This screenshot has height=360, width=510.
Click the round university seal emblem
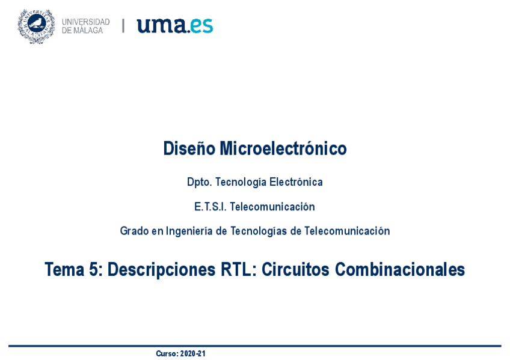[36, 26]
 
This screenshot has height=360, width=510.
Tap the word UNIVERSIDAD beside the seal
[85, 22]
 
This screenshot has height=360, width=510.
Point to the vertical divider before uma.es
[123, 26]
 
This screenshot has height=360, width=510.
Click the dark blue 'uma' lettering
[160, 26]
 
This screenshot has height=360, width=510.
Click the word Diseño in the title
[189, 148]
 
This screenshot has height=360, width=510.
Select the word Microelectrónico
[283, 148]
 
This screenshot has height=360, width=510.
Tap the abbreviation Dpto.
[199, 182]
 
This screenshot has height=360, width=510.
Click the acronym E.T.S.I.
[210, 207]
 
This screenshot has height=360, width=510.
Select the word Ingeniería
[189, 231]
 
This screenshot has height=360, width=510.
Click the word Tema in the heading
[64, 270]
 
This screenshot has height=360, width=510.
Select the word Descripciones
[161, 270]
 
